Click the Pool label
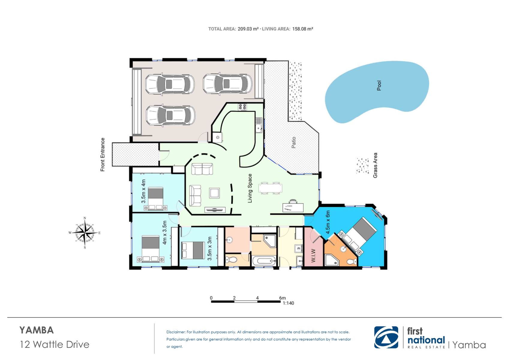tap(379, 85)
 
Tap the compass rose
tap(85, 232)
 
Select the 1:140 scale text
tap(288, 303)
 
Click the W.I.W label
tap(313, 256)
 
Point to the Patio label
tap(294, 142)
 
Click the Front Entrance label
tap(103, 154)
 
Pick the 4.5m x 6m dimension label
tap(328, 222)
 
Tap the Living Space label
tap(250, 188)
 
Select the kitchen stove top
tap(242, 107)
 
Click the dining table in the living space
tap(270, 188)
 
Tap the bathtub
tap(264, 261)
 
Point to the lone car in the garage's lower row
tap(170, 115)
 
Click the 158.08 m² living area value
tap(302, 29)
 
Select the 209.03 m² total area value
tap(248, 29)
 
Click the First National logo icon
tap(386, 337)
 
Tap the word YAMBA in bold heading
tap(37, 330)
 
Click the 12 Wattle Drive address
tap(55, 344)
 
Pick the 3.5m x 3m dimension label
tap(209, 249)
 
